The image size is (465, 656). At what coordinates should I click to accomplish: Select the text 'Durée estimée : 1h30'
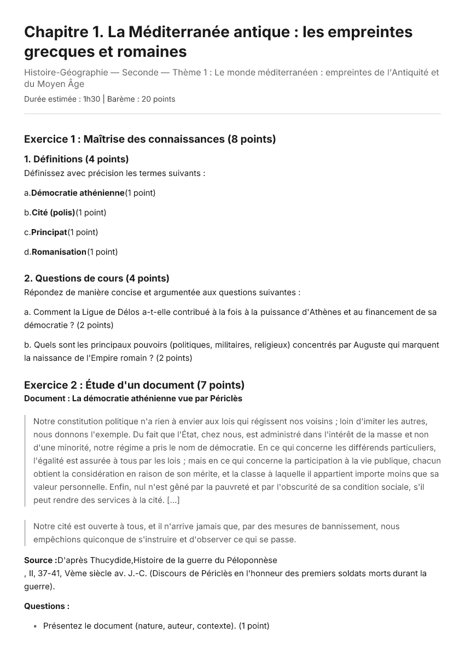tap(62, 99)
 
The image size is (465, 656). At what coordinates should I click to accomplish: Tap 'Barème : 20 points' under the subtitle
tap(141, 99)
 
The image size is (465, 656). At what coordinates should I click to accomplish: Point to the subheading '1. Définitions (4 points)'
tap(77, 159)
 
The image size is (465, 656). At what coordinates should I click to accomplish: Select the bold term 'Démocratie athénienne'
tap(78, 193)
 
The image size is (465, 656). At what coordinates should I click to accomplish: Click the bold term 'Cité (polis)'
tap(53, 213)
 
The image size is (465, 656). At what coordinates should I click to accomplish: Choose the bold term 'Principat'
tap(49, 232)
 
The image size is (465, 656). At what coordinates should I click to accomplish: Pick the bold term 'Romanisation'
tap(59, 252)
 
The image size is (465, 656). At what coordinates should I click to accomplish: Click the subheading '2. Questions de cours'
tap(97, 278)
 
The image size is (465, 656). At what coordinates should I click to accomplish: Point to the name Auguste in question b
tap(369, 345)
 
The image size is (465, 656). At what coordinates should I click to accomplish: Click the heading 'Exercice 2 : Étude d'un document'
tap(134, 385)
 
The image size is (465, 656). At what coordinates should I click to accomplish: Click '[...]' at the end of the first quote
tap(173, 500)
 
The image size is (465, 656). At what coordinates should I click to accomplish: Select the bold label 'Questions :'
tap(47, 606)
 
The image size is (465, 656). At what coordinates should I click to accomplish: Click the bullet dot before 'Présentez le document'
tap(35, 626)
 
